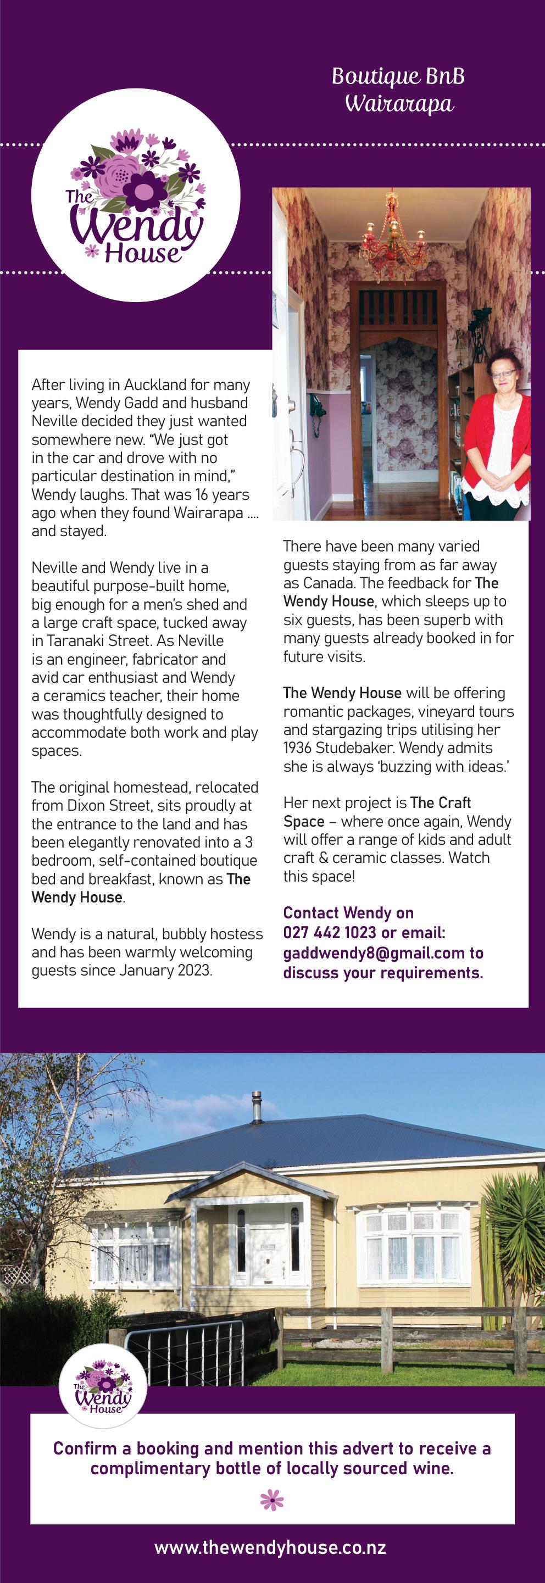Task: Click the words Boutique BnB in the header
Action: tap(398, 76)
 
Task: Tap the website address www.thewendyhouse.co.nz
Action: tap(270, 1547)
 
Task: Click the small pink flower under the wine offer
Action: tap(271, 1500)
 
